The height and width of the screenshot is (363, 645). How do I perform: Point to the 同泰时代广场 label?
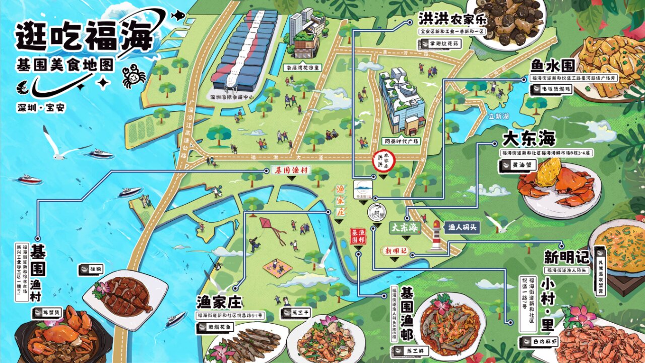[401, 141]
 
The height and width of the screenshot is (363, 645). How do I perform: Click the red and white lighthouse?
[436, 236]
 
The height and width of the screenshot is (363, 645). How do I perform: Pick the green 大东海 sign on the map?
[405, 227]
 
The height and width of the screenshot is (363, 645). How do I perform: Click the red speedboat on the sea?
[30, 179]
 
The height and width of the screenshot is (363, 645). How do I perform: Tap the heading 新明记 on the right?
[566, 257]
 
